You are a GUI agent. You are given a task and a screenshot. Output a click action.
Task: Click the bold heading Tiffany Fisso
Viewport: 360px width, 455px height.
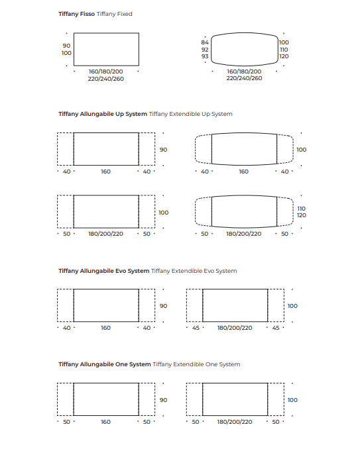coord(76,14)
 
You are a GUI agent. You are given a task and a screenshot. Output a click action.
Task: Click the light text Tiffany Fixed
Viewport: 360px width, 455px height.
coord(115,14)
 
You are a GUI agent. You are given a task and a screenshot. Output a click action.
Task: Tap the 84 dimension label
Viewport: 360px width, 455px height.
coord(205,42)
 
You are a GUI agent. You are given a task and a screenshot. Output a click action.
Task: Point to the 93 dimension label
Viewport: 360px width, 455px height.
coord(205,56)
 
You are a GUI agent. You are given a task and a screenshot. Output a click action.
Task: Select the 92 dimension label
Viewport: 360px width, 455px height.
coord(205,50)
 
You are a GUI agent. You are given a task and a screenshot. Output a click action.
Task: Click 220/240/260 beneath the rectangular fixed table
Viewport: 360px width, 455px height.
coord(106,79)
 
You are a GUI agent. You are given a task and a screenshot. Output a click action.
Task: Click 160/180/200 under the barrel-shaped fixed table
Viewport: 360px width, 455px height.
coord(244,72)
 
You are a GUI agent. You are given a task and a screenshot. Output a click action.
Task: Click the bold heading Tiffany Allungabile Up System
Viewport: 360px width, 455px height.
coord(103,114)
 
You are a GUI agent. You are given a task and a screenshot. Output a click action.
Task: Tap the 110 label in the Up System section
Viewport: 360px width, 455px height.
coord(301,209)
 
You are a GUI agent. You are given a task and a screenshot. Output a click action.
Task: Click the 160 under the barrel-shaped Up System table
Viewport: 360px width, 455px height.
coord(244,172)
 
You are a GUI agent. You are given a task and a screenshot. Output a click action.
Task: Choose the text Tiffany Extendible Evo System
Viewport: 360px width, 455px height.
coord(194,271)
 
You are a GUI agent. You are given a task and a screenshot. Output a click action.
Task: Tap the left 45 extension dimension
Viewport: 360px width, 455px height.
coord(196,328)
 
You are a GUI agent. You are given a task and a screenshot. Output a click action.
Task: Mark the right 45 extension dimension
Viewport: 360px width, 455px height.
coord(276,328)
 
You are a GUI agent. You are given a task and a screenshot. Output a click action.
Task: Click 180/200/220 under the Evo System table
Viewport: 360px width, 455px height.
coord(235,328)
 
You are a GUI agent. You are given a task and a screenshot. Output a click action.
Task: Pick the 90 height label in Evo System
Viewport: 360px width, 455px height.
coord(163,306)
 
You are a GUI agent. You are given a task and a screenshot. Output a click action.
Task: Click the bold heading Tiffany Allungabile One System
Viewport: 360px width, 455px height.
coord(105,364)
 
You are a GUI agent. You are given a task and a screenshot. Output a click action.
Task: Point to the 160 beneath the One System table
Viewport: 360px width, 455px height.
coord(106,422)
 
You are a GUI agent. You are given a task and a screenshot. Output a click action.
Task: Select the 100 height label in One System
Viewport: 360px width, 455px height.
coord(292,400)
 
